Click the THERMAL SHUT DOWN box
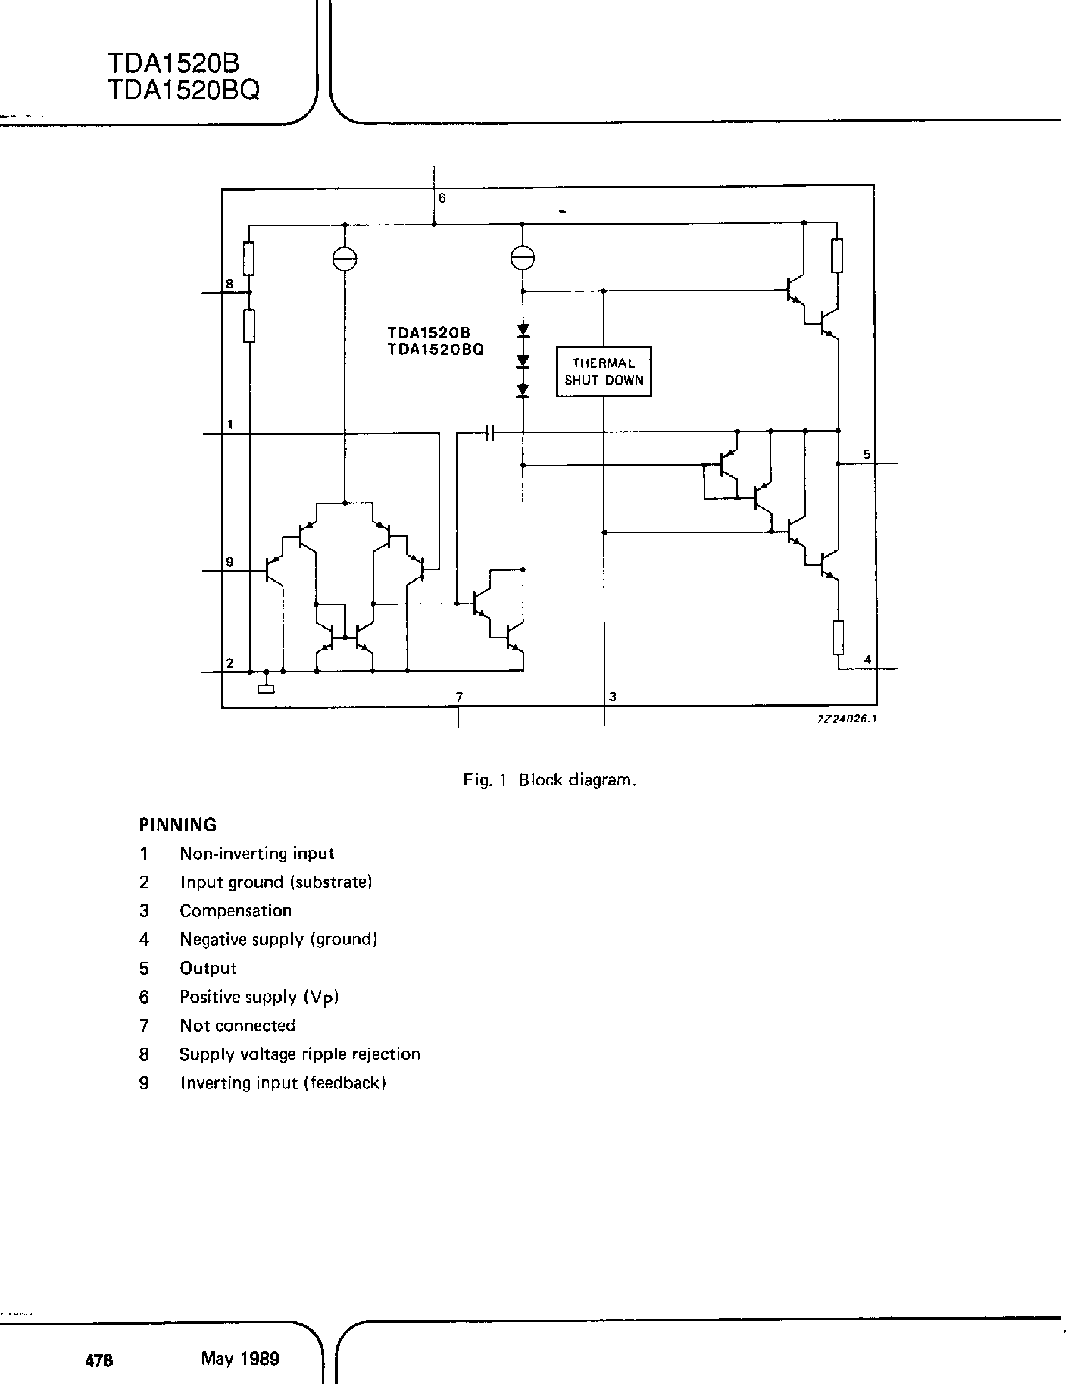tap(603, 371)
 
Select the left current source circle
tap(345, 258)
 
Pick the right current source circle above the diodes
tap(523, 258)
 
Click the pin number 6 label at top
tap(442, 198)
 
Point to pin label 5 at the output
tap(866, 455)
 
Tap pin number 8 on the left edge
tap(229, 284)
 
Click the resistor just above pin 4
tap(838, 637)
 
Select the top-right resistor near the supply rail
tap(837, 256)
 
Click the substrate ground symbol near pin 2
tap(266, 689)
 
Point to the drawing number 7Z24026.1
tap(846, 719)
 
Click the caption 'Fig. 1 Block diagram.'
tap(549, 779)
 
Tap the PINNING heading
tap(178, 824)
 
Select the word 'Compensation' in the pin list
tap(236, 911)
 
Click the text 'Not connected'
tap(238, 1025)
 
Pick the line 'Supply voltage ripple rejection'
tap(299, 1054)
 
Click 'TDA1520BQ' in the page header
tap(183, 91)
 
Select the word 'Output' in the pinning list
tap(208, 968)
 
